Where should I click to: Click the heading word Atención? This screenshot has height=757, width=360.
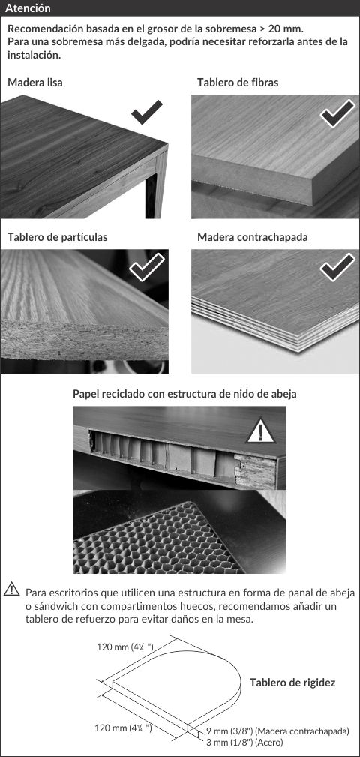pyautogui.click(x=28, y=9)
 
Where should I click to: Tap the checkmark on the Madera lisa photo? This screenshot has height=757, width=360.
pyautogui.click(x=147, y=112)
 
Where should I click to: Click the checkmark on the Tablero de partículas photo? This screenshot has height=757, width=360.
pyautogui.click(x=147, y=266)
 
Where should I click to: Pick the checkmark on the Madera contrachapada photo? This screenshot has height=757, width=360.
pyautogui.click(x=337, y=266)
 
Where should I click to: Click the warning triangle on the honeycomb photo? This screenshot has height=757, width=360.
pyautogui.click(x=260, y=431)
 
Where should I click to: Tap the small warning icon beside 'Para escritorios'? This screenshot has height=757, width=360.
pyautogui.click(x=11, y=590)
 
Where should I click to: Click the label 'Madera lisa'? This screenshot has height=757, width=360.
pyautogui.click(x=34, y=83)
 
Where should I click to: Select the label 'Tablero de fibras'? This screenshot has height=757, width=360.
pyautogui.click(x=238, y=83)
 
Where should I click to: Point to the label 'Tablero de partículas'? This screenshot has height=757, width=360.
pyautogui.click(x=58, y=237)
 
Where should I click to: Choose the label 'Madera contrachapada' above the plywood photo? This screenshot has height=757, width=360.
pyautogui.click(x=253, y=237)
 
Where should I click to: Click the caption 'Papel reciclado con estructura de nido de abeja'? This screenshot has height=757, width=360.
pyautogui.click(x=184, y=394)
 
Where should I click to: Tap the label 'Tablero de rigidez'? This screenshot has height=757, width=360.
pyautogui.click(x=292, y=683)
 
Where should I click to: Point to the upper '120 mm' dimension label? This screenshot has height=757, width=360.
pyautogui.click(x=125, y=647)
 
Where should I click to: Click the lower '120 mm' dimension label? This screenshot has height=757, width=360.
pyautogui.click(x=123, y=728)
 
